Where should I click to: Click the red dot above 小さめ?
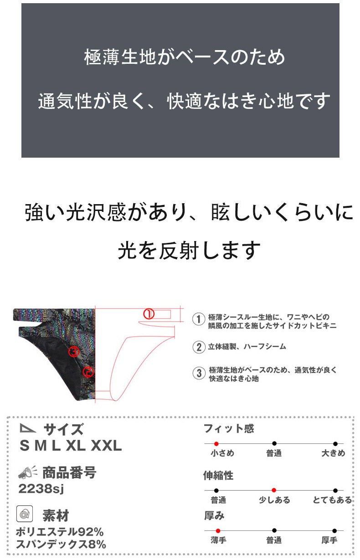216,443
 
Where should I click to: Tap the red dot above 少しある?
274,490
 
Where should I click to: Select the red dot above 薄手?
218,531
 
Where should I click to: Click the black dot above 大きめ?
335,443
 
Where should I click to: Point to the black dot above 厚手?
334,531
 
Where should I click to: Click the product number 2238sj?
41,489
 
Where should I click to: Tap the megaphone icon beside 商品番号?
26,473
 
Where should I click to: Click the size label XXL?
106,446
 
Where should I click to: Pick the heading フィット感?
229,428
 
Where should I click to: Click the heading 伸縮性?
218,475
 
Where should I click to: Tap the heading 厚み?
214,516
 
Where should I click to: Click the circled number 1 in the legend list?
198,319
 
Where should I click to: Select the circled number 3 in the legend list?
198,373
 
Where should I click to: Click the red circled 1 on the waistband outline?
149,313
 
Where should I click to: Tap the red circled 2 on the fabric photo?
88,372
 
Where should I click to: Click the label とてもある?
333,500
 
